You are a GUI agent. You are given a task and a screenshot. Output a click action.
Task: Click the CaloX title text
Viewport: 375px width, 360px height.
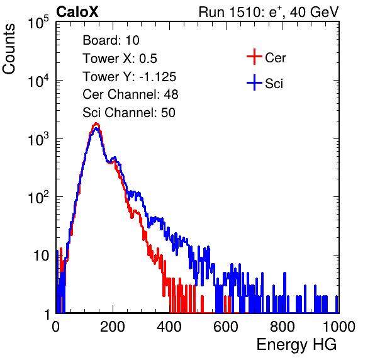(x=77, y=12)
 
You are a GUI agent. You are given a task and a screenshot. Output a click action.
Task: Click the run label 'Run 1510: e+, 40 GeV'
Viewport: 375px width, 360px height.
(x=269, y=12)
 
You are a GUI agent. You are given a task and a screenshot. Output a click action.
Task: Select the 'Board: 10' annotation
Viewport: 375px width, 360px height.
(x=111, y=40)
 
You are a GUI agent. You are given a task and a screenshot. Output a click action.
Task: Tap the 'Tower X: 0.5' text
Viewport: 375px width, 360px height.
(x=120, y=59)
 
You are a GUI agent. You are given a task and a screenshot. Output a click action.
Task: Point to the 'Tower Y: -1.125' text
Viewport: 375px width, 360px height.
(x=129, y=77)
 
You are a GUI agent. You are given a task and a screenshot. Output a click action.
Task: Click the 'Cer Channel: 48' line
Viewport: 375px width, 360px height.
(x=130, y=94)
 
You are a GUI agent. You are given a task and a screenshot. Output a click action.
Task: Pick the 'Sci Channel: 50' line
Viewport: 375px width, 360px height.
(x=129, y=113)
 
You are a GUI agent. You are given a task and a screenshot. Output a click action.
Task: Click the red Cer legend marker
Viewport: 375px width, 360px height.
(x=254, y=57)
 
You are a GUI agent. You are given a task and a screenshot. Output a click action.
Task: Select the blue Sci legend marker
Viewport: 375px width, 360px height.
(x=254, y=83)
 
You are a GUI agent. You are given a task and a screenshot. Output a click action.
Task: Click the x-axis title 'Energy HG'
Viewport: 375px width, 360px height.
(x=296, y=345)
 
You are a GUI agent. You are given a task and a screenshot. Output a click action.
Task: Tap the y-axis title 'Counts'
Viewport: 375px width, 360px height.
(x=9, y=49)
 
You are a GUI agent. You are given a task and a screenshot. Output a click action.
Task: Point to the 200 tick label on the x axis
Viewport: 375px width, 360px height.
(x=113, y=327)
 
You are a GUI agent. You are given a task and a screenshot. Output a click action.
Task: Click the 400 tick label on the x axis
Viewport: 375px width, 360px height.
(x=169, y=327)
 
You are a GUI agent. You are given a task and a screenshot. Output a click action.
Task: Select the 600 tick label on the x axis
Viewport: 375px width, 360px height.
(x=226, y=327)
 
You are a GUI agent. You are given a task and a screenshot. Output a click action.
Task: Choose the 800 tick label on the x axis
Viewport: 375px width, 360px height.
(x=283, y=327)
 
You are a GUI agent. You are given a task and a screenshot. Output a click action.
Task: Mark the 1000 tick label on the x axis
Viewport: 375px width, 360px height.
(x=339, y=327)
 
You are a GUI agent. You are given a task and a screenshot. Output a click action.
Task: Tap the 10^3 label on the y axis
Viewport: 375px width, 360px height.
(x=38, y=139)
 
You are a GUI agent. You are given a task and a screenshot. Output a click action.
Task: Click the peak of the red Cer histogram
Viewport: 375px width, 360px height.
(x=96, y=123)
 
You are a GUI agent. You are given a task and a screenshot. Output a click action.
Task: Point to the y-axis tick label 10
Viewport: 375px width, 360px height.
(x=41, y=256)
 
